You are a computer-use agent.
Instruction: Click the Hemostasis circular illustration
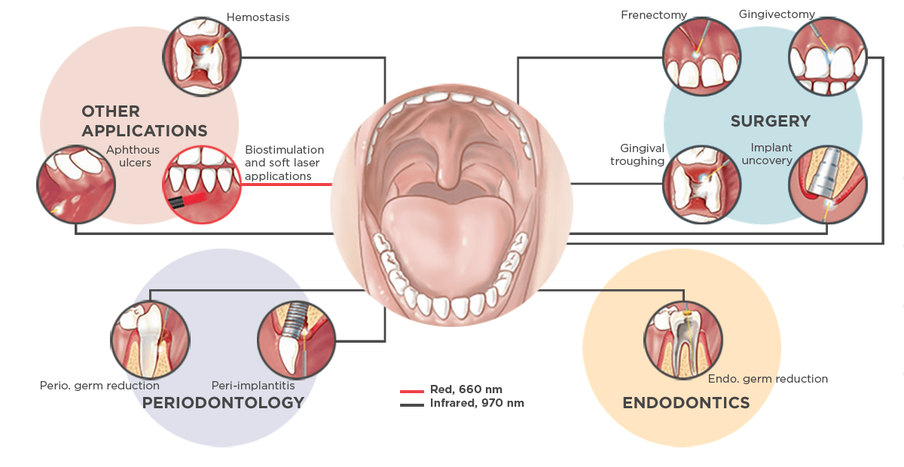coord(203,56)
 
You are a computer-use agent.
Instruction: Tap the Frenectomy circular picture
coord(701,57)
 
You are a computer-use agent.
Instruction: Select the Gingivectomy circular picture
coord(827,57)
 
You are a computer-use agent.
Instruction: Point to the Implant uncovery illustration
coord(826,185)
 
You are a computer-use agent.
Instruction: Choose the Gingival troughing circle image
coord(701,185)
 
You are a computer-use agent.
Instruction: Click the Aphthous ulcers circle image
coord(76,185)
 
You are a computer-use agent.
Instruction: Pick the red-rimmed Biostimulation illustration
coord(203,185)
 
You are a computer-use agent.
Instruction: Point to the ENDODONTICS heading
coord(686,403)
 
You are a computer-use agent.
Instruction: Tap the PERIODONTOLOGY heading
coord(223,403)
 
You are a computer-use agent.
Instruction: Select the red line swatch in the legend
coord(412,391)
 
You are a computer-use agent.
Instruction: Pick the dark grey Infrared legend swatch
coord(412,404)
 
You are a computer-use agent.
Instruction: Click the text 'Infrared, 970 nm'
coord(476,404)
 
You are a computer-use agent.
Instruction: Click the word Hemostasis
coord(258,17)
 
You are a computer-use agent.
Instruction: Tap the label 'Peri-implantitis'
coord(252,386)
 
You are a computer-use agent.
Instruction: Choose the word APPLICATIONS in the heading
coord(144,131)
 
